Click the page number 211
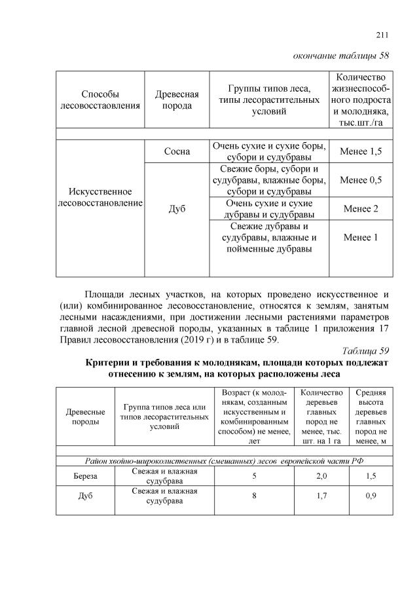[x=382, y=35]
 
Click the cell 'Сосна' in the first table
[x=177, y=152]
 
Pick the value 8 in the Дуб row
[x=253, y=496]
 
